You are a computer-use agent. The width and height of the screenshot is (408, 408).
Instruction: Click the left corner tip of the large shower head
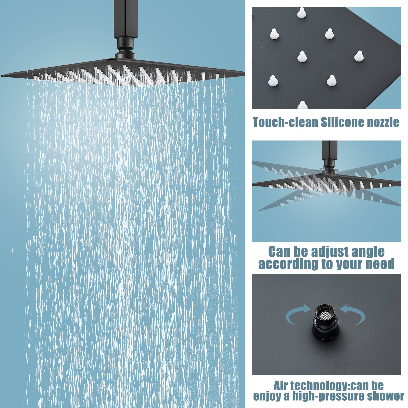click(1, 75)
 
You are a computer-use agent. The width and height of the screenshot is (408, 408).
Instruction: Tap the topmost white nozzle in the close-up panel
click(302, 12)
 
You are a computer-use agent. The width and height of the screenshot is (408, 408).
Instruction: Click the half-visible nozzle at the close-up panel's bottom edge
click(302, 105)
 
